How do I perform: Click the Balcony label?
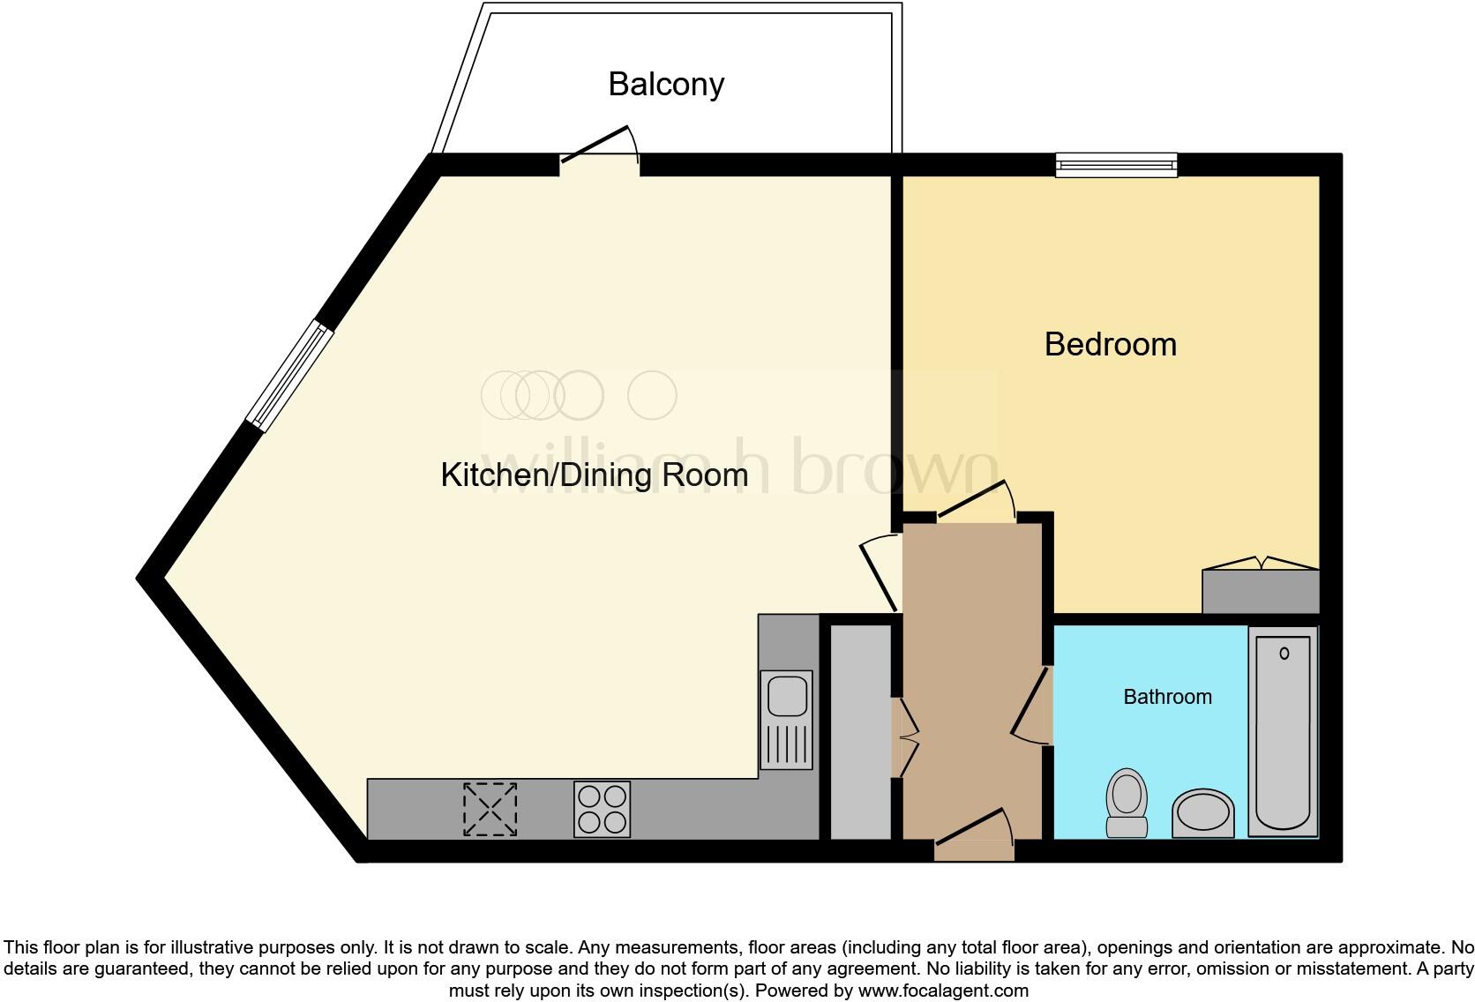(x=666, y=85)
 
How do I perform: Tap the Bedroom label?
(x=1110, y=344)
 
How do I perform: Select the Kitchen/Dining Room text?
(x=594, y=475)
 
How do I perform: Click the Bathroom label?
(x=1166, y=697)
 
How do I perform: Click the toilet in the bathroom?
(x=1127, y=802)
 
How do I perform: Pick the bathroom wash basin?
(x=1202, y=812)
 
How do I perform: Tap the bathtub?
(x=1282, y=732)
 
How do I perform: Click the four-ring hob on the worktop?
(x=602, y=809)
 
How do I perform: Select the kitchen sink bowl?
(x=787, y=696)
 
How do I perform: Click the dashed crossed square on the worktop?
(x=490, y=809)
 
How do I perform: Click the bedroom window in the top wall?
(x=1116, y=164)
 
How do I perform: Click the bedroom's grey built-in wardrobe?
(x=1261, y=592)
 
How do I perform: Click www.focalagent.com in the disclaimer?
(x=943, y=991)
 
